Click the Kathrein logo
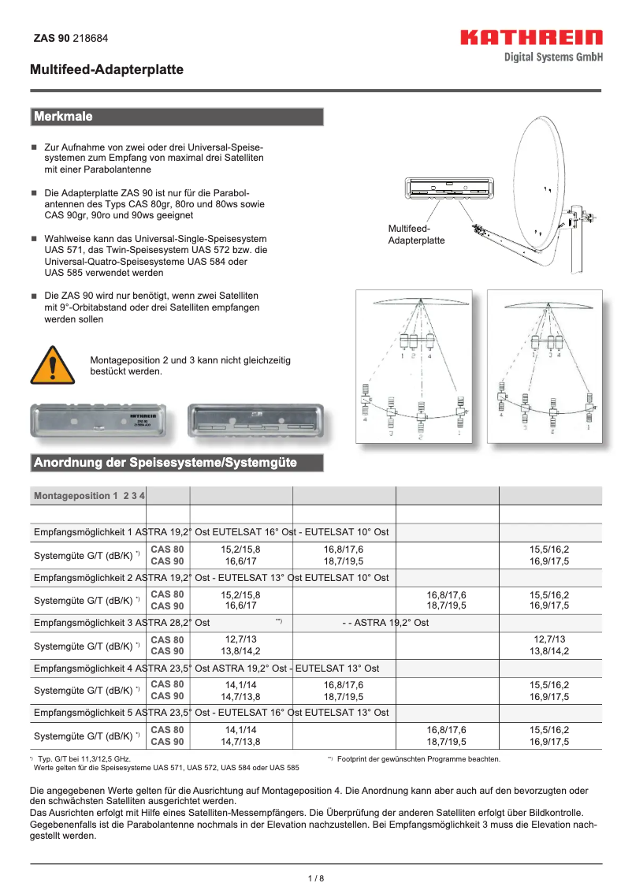531,38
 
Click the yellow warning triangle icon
51,365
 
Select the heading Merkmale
63,117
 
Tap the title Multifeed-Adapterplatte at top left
106,70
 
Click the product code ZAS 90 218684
71,38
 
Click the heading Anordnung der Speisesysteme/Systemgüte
165,462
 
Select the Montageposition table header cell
89,496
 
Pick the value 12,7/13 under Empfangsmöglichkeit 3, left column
241,639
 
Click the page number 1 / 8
315,878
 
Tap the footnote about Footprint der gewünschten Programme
418,759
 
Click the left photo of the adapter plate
99,420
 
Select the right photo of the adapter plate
255,420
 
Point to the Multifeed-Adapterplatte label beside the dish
416,234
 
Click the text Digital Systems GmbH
554,57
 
